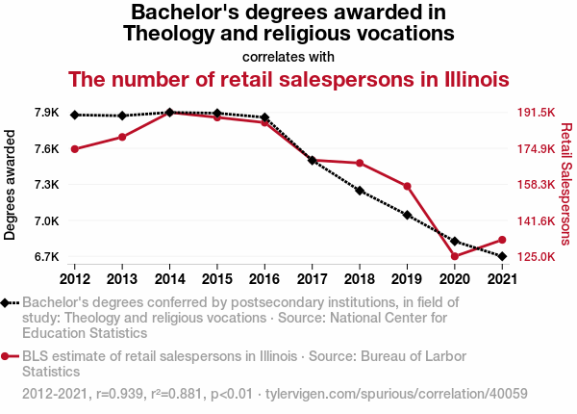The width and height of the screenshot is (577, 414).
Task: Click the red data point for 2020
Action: click(x=454, y=256)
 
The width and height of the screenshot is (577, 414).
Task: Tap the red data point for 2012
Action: click(x=75, y=148)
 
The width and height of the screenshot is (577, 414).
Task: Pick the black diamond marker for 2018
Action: click(x=360, y=191)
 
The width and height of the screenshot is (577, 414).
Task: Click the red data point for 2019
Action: click(x=407, y=186)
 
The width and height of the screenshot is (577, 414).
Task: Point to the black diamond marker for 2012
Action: click(x=75, y=115)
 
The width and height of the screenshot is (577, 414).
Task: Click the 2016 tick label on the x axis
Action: click(x=264, y=279)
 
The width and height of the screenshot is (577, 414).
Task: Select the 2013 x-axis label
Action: click(x=122, y=279)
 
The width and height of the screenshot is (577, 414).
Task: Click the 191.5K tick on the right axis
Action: click(x=537, y=113)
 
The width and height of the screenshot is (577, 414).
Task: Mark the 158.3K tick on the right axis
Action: click(x=537, y=185)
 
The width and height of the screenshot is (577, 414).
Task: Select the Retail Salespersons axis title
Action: click(x=566, y=183)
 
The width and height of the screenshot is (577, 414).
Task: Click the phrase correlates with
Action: click(x=288, y=55)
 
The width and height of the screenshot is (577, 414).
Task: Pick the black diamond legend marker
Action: click(x=7, y=302)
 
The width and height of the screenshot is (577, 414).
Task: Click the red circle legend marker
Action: click(x=7, y=356)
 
